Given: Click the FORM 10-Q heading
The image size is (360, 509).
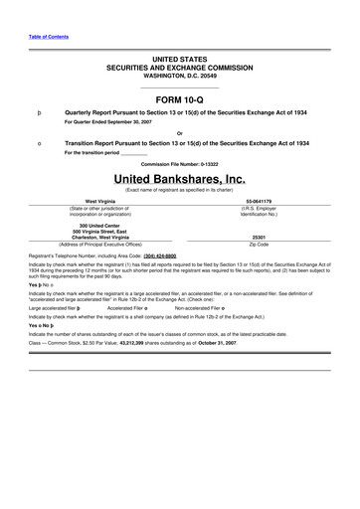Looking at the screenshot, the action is click(x=180, y=99).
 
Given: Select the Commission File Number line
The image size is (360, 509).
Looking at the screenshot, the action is click(x=180, y=163).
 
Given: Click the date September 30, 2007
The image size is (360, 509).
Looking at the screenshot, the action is click(x=135, y=123).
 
